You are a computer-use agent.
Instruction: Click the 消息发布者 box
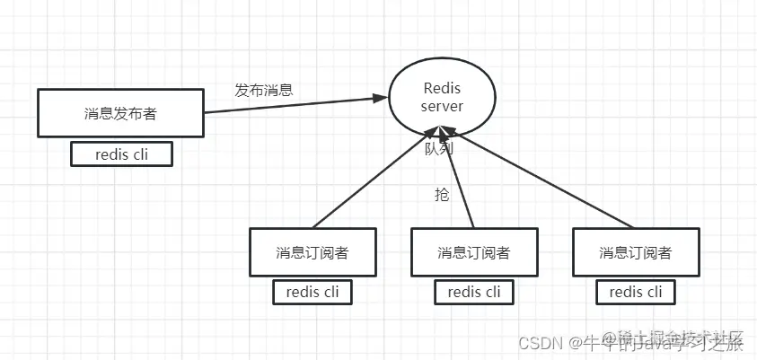(x=120, y=113)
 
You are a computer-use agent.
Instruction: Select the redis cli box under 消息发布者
(x=121, y=154)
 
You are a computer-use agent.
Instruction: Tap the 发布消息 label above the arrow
(x=263, y=90)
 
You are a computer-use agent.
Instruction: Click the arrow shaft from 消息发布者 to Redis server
(x=287, y=102)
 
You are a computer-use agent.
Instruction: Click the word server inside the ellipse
(x=442, y=107)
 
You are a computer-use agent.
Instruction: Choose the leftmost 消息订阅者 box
(x=312, y=251)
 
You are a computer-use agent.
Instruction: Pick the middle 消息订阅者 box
(x=473, y=251)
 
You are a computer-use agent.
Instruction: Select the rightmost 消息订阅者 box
(x=635, y=251)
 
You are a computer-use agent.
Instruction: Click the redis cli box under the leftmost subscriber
(x=312, y=292)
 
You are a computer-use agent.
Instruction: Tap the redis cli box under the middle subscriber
(x=473, y=292)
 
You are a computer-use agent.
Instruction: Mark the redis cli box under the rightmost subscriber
(x=635, y=292)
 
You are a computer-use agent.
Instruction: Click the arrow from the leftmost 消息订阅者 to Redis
(x=373, y=180)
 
